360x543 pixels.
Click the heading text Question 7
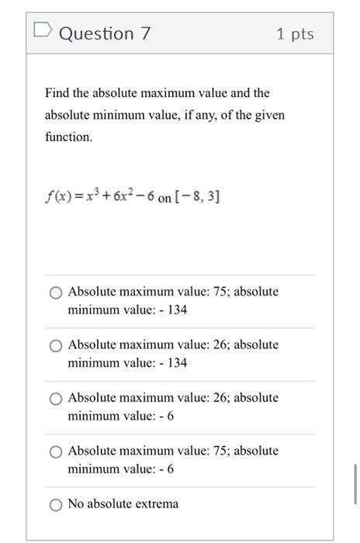pos(105,33)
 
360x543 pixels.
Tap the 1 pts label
pos(295,34)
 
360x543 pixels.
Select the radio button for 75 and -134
pos(56,292)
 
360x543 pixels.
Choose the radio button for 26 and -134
pos(56,345)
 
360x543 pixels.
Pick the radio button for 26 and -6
pos(56,398)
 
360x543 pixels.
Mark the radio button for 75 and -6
pos(56,451)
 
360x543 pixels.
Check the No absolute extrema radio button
pos(56,504)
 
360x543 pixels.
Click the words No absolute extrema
pos(123,504)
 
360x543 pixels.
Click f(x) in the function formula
pos(58,197)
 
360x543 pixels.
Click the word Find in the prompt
pos(57,93)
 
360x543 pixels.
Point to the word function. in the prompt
pos(68,137)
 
